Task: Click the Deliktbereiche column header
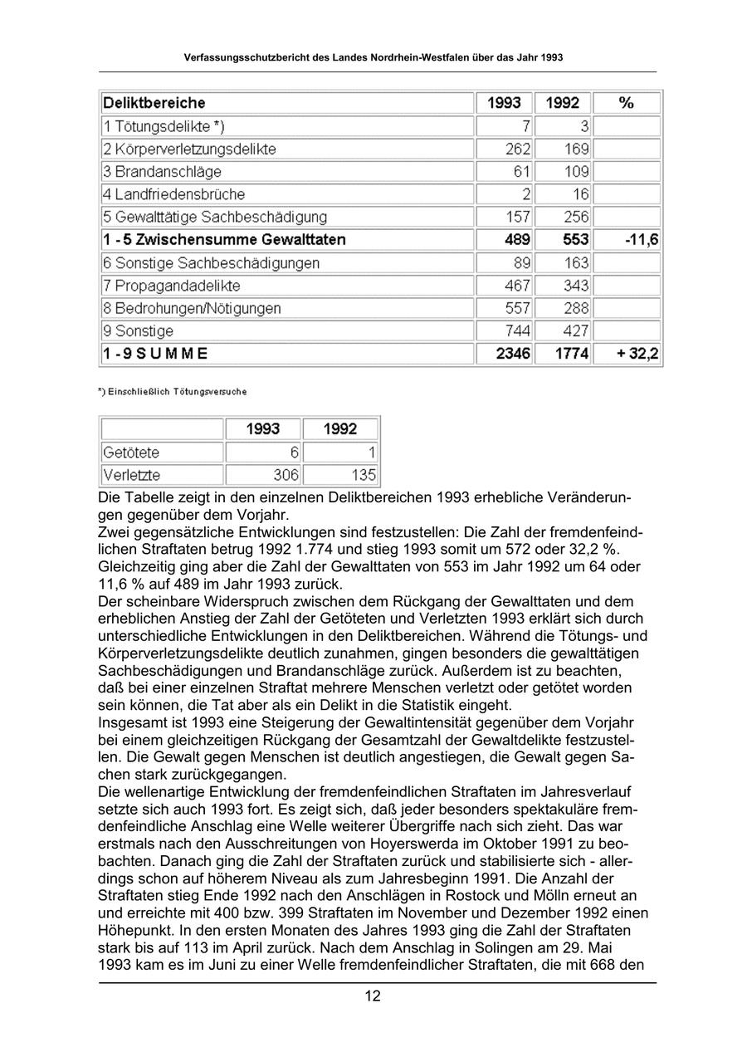click(x=154, y=104)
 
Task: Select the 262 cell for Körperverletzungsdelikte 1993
click(x=518, y=149)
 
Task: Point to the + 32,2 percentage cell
click(x=637, y=354)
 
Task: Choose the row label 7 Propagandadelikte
click(x=172, y=286)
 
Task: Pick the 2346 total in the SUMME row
click(x=513, y=354)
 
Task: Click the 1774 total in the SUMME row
click(x=572, y=354)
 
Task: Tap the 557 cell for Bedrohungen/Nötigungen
click(x=518, y=308)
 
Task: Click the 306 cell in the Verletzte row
click(x=286, y=476)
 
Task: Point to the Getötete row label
click(x=130, y=453)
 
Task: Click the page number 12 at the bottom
click(x=373, y=996)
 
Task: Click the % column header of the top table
click(x=627, y=104)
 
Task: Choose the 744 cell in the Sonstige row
click(x=518, y=331)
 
